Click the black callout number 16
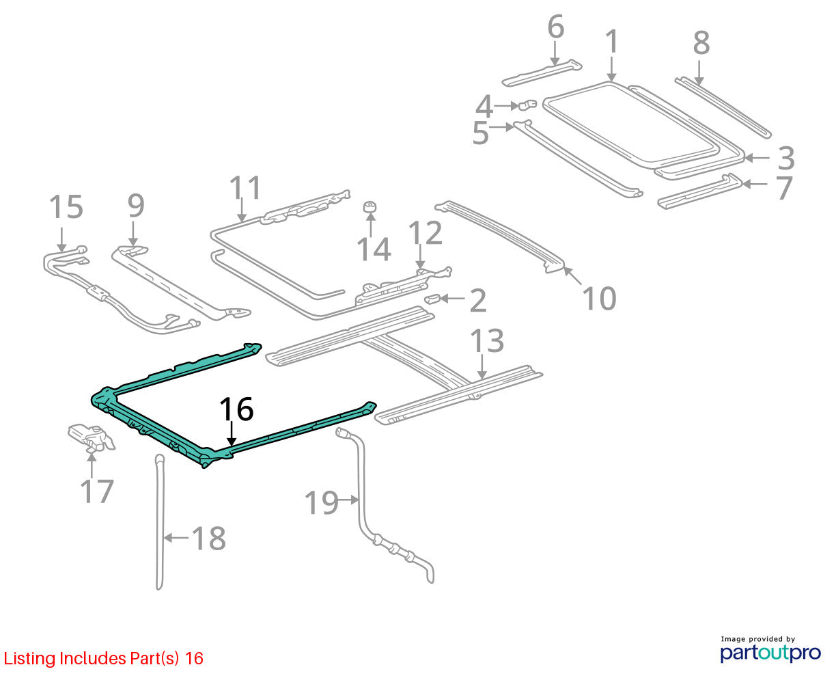point(236,409)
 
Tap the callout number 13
point(487,340)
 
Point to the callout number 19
point(321,502)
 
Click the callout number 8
point(701,42)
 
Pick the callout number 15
point(66,206)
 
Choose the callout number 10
point(599,298)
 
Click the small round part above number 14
point(370,206)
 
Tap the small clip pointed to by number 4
point(527,105)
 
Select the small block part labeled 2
point(432,299)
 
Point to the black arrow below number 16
point(232,434)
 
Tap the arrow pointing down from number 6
point(555,53)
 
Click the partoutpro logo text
point(770,653)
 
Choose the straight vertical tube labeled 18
point(159,521)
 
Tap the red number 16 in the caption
point(194,659)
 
